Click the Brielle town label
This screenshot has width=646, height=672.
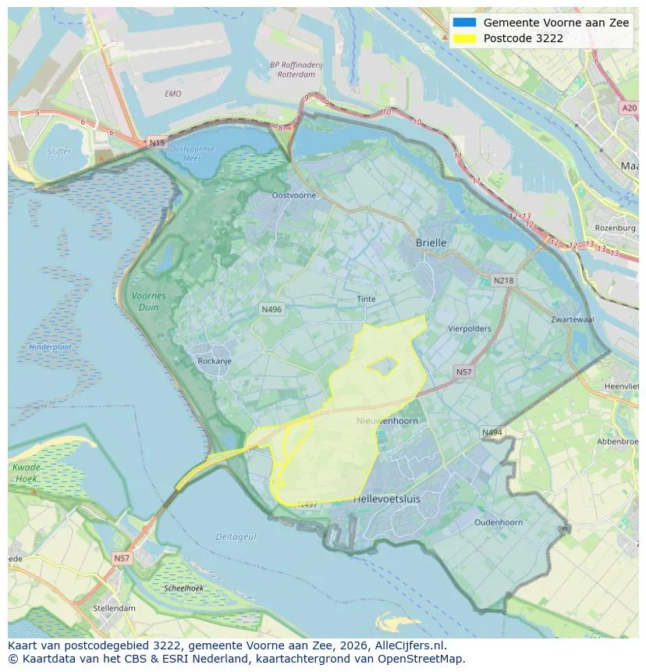[x=431, y=243]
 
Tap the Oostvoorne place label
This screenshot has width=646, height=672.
[x=293, y=195]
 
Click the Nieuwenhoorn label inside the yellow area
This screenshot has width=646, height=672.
[x=387, y=421]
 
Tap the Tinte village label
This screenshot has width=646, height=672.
[x=366, y=299]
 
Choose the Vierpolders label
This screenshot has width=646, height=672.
[x=470, y=329]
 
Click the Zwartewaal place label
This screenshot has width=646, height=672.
[x=573, y=320]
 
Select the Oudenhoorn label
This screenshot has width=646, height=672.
[x=499, y=522]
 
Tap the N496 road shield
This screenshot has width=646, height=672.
[x=271, y=310]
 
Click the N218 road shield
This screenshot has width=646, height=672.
[x=503, y=280]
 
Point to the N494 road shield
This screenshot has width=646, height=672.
[x=492, y=432]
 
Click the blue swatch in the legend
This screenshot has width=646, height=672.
[x=463, y=23]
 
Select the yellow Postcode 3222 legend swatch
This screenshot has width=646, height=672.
[x=463, y=38]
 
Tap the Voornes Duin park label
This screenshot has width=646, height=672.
[x=148, y=301]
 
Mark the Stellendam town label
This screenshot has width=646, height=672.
[x=114, y=608]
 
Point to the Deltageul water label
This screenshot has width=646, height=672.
[x=236, y=536]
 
